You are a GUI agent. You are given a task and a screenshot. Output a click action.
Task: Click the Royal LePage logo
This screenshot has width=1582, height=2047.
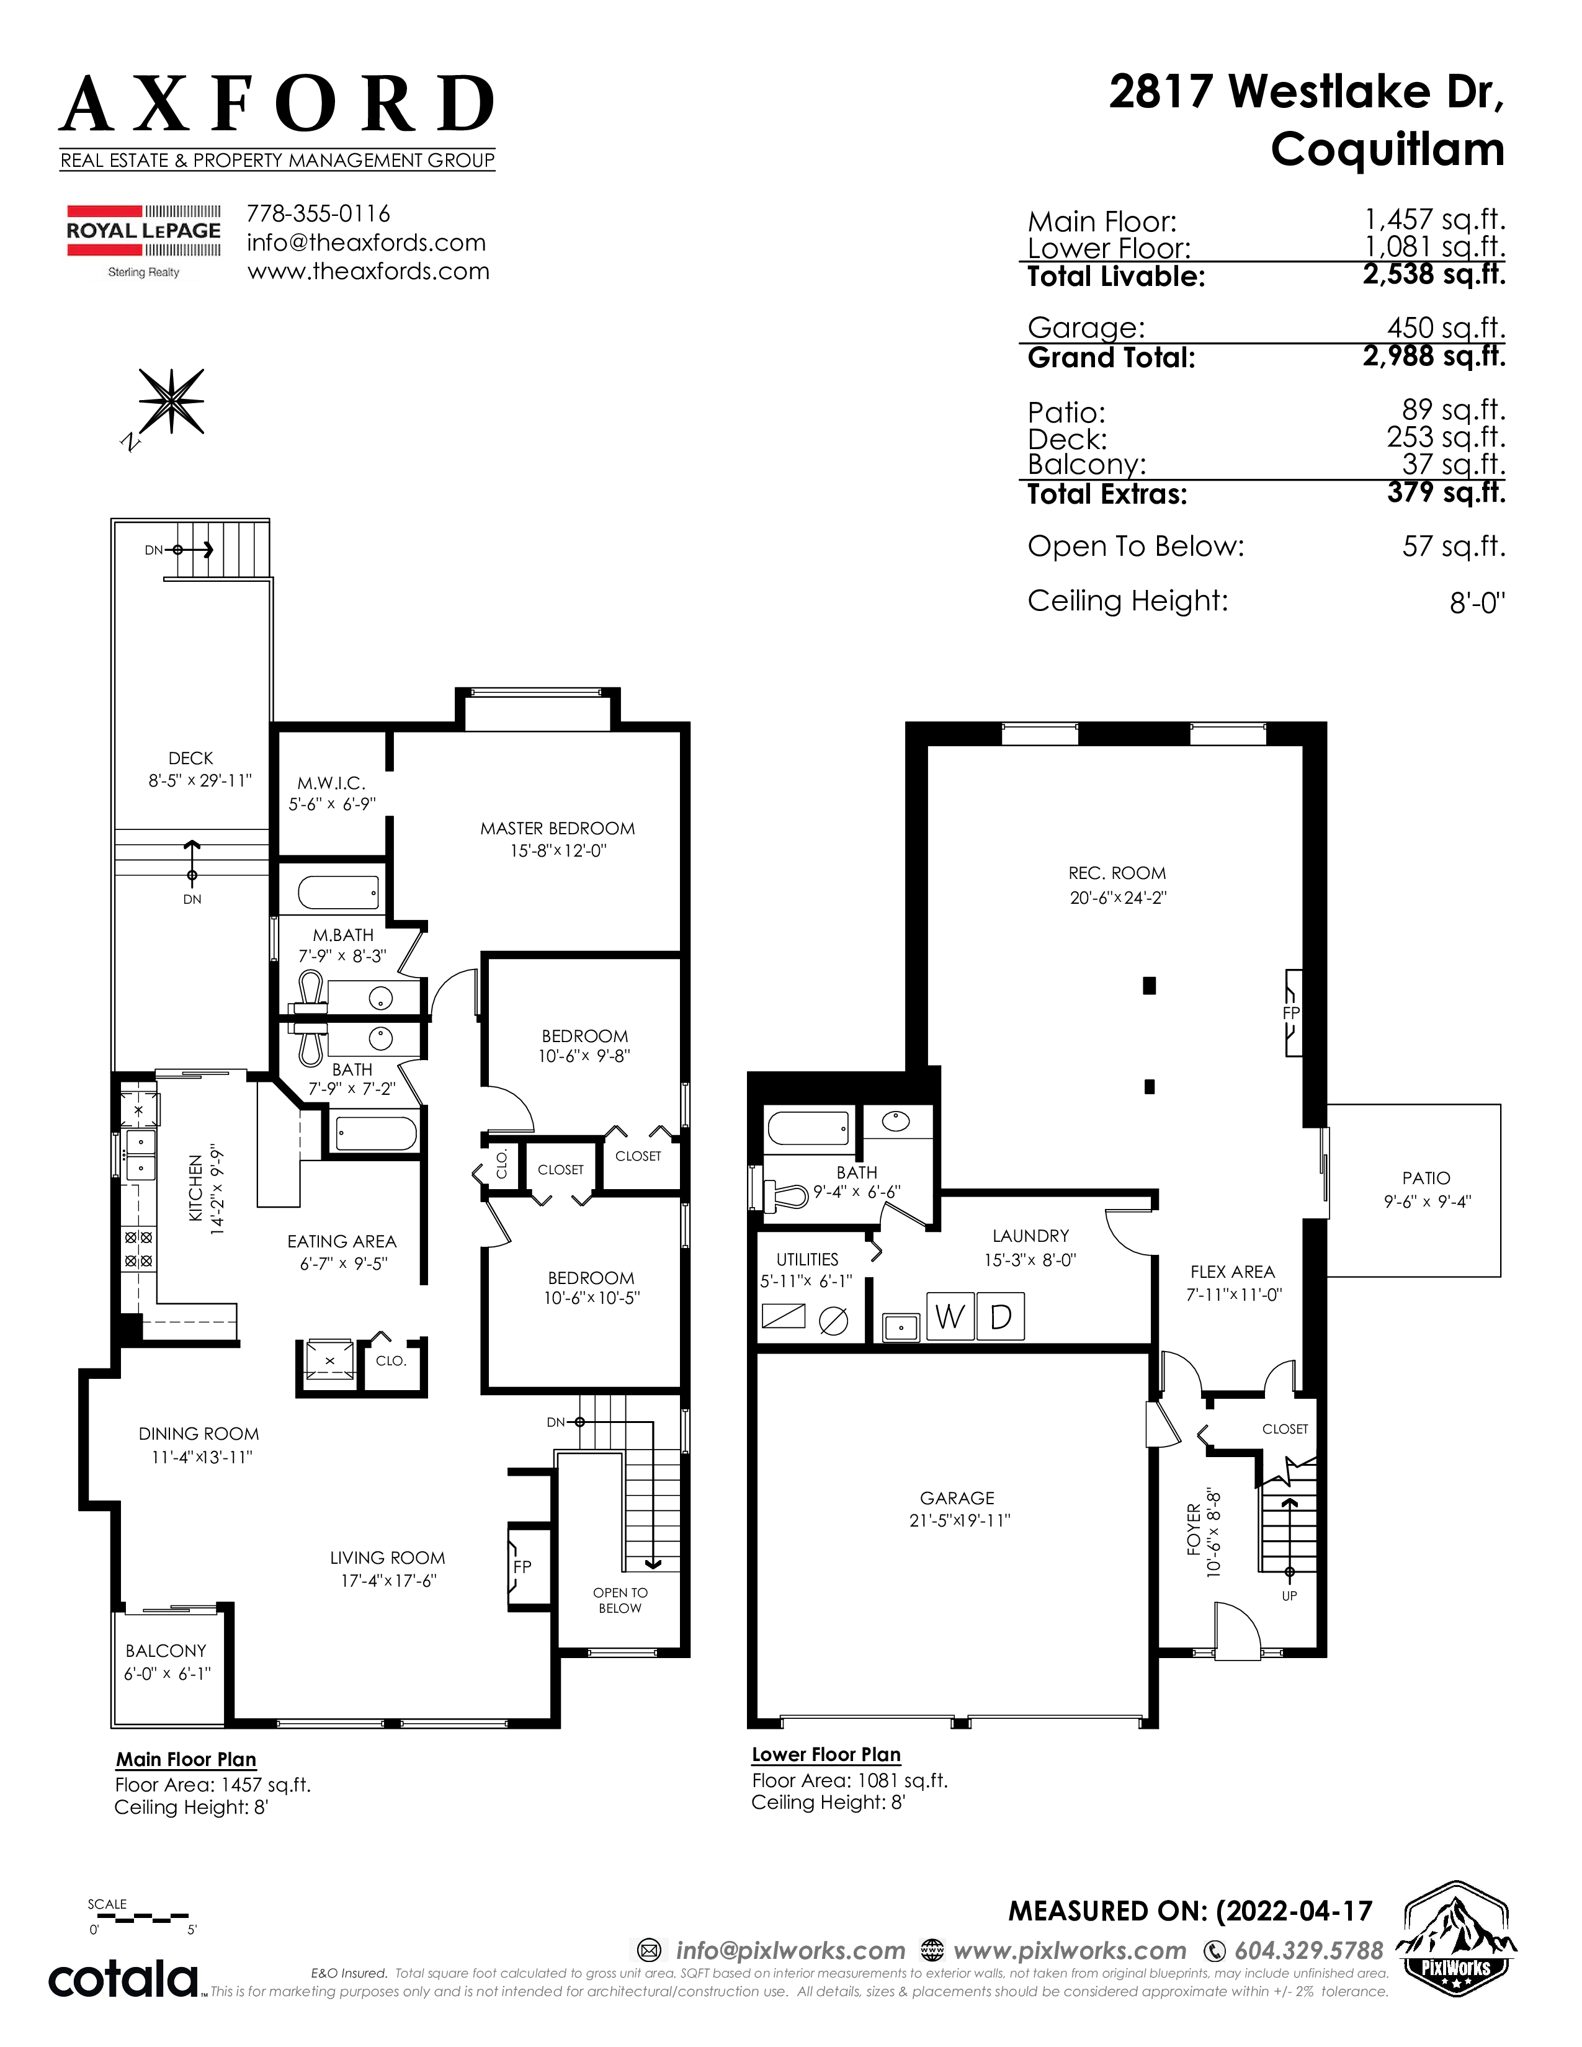point(143,241)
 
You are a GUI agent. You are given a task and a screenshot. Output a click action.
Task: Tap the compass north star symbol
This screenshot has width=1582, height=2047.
point(171,400)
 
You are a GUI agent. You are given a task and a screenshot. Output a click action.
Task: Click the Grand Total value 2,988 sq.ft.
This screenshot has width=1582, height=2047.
point(1434,356)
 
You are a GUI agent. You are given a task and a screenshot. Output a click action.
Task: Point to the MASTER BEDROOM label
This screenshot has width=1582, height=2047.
point(558,829)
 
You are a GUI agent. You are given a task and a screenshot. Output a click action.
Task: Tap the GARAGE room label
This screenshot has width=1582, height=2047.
point(957,1499)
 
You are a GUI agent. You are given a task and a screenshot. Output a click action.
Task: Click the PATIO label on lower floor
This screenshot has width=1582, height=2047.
point(1426,1178)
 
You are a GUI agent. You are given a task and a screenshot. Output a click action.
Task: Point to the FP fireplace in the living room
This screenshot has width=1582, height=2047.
point(522,1566)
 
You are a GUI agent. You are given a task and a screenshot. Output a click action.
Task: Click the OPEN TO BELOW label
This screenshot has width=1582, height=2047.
point(620,1600)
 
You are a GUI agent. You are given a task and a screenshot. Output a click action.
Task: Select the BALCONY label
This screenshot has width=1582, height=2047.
point(166,1651)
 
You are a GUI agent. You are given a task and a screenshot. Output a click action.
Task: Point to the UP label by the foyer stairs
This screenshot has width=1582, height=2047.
point(1290,1595)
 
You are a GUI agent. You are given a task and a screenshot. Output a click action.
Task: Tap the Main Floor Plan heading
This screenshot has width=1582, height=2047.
point(185,1759)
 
